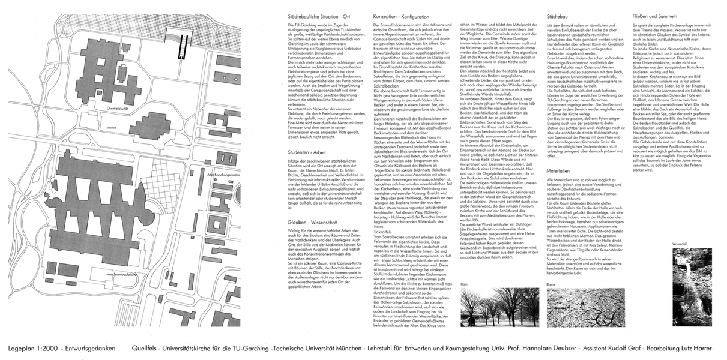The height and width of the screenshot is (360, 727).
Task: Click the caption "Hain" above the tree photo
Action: pyautogui.click(x=464, y=284)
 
